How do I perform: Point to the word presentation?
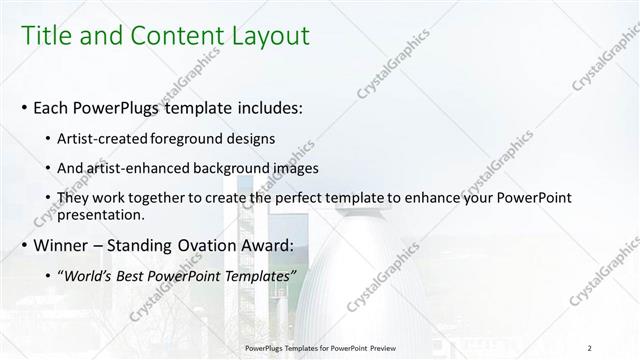click(x=102, y=214)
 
